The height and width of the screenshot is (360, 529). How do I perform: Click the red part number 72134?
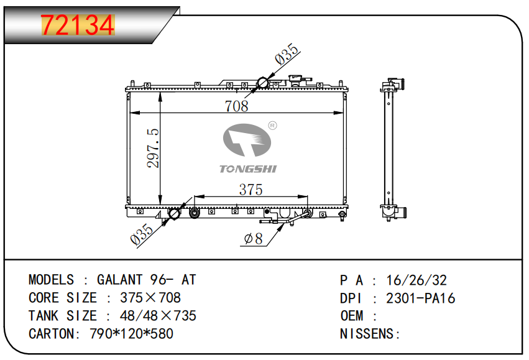(78, 25)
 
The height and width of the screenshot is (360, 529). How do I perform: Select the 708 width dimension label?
(236, 106)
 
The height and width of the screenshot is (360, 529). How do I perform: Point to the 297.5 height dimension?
(153, 148)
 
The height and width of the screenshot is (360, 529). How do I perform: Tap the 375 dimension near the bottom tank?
(251, 189)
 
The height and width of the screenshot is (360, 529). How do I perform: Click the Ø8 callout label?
(254, 239)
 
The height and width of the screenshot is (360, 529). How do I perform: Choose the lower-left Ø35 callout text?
(142, 234)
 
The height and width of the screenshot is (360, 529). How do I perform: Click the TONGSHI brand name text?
(248, 168)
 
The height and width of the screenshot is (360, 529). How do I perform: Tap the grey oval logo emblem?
(247, 140)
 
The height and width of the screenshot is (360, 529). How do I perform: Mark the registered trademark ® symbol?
(272, 126)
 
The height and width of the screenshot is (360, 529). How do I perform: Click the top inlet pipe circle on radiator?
(263, 83)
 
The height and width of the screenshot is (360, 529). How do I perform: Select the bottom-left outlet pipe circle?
(175, 213)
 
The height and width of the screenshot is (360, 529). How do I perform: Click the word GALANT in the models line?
(119, 280)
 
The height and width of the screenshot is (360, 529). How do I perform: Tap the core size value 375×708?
(150, 298)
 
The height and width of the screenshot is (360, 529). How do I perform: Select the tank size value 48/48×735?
(158, 316)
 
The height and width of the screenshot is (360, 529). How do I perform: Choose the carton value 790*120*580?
(131, 334)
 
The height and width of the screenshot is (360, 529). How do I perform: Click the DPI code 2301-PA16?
(420, 298)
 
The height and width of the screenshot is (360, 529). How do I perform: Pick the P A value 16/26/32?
(416, 280)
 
